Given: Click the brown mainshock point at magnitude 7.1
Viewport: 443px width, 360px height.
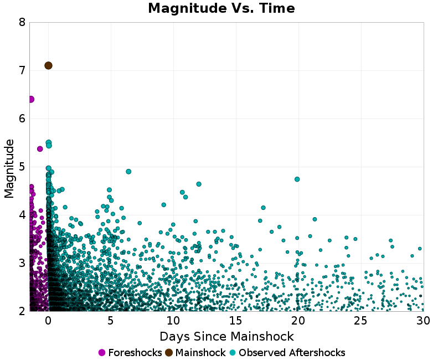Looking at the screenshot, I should pos(48,65).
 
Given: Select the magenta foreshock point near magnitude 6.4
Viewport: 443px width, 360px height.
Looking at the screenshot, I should pos(31,99).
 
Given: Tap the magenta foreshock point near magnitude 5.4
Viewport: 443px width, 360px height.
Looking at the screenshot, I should pos(40,148).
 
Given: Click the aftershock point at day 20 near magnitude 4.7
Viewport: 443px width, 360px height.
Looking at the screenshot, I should pos(297,179).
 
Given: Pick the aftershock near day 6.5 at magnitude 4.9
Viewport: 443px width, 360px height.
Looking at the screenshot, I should pos(128,172).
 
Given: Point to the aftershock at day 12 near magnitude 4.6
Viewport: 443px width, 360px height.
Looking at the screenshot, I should pos(199,184).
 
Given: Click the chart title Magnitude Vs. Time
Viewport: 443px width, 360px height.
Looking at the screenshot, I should pos(221,8).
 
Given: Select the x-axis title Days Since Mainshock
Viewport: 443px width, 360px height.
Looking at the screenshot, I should pos(226,336).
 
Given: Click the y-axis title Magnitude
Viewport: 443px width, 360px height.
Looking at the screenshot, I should pos(9,168).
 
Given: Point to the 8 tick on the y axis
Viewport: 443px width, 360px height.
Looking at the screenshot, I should pos(22,23).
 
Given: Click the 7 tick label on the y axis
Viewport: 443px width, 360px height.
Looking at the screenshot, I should pos(22,71).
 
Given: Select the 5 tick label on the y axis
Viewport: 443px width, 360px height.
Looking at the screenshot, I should pos(22,167).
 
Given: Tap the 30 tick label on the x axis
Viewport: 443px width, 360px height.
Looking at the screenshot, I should pos(423,321).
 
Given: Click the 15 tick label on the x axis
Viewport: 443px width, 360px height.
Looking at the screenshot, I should pos(236,321).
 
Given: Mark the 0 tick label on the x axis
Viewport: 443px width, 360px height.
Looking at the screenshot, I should pos(48,321).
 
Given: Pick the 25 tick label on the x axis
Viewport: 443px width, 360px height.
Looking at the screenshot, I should pos(361,321).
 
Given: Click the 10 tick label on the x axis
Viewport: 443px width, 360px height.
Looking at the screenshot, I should pos(173,321).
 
